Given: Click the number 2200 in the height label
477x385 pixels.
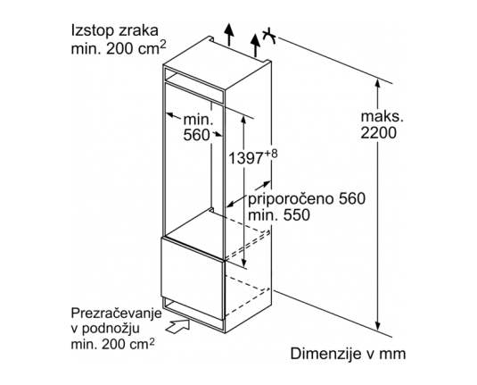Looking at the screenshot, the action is [379, 132].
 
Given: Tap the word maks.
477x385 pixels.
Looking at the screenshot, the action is [382, 116].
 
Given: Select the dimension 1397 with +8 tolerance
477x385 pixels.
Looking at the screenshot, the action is [253, 157].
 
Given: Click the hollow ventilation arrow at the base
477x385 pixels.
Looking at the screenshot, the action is [177, 326].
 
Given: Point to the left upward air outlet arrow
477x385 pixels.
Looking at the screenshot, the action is [229, 34].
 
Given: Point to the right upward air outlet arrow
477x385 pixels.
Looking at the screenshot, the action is [256, 46].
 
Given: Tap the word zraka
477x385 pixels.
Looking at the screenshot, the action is [139, 31].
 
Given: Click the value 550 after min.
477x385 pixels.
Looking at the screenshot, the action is [297, 215].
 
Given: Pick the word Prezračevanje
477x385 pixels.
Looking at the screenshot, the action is [116, 314].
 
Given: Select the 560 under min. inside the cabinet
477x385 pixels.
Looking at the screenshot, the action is [196, 135].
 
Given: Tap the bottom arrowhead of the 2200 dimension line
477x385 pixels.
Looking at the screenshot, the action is [377, 326].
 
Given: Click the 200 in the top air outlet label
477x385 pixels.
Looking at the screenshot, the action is [119, 48].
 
